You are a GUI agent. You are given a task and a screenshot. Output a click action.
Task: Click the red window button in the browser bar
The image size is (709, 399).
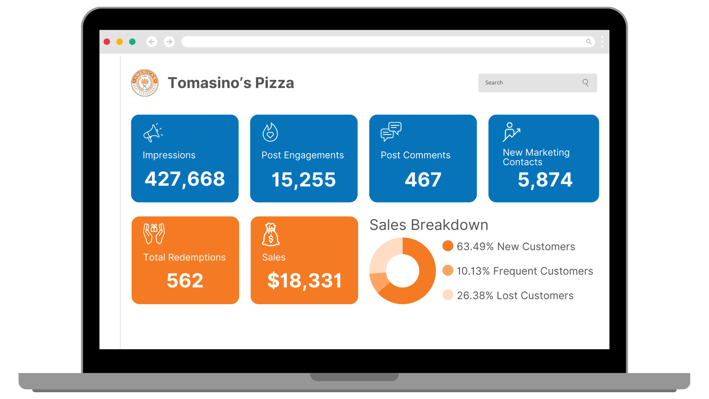[x=107, y=42]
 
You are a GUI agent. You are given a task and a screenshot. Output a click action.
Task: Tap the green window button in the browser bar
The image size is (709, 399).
[x=132, y=42]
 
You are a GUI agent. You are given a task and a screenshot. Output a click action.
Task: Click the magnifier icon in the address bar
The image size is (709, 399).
[x=589, y=42]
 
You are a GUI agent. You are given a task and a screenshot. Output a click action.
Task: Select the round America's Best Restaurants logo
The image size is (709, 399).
[x=145, y=83]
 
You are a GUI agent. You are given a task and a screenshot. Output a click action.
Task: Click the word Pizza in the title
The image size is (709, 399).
[x=274, y=83]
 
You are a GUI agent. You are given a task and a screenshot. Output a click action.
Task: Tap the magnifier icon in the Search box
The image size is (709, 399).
[x=586, y=83]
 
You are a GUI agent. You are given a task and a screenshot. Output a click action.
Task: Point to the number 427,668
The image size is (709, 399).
[x=185, y=179]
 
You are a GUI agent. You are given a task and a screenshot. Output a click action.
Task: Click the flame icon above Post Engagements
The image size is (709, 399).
[x=270, y=132]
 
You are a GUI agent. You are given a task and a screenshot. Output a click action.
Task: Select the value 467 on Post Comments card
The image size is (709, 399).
[x=423, y=180]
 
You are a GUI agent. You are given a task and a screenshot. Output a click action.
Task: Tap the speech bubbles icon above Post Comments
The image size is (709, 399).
[x=391, y=132]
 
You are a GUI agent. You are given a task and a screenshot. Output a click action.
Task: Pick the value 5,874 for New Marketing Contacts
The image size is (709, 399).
[x=545, y=180]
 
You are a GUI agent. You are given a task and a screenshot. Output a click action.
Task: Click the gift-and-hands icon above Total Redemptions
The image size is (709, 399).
[x=154, y=233]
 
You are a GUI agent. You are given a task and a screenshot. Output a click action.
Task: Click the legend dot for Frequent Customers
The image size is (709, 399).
[x=448, y=270]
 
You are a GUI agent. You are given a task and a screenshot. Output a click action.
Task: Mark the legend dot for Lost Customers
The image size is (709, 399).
[x=448, y=295]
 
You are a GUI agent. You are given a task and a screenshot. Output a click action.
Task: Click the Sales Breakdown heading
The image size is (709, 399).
[x=429, y=225]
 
